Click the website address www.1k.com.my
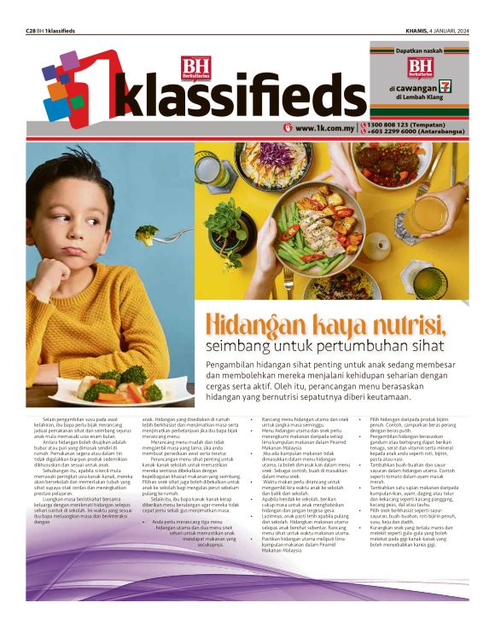click(323, 128)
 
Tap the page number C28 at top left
click(31, 31)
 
